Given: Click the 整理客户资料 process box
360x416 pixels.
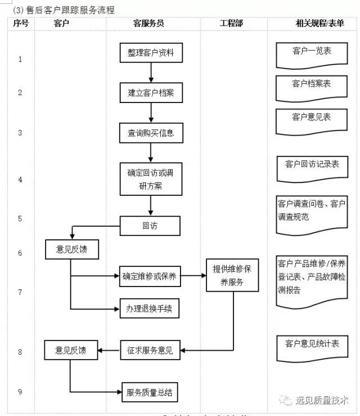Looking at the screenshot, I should click(x=150, y=52).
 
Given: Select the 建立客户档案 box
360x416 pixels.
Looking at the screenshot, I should click(x=150, y=93).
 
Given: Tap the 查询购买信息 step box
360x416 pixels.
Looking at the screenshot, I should click(x=150, y=133).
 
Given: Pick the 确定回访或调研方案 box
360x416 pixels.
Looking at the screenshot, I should click(x=150, y=179).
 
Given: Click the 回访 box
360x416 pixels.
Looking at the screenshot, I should click(x=150, y=226).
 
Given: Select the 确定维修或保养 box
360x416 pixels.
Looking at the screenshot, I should click(x=149, y=276).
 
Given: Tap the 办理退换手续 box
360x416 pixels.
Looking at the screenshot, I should click(x=149, y=308).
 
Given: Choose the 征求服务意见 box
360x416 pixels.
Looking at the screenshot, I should click(x=150, y=351).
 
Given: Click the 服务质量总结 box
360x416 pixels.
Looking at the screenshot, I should click(x=153, y=391).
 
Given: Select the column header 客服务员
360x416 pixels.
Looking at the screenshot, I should click(x=148, y=23).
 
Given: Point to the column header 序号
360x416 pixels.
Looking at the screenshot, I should click(x=20, y=23).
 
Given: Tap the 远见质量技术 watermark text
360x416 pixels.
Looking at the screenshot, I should click(x=322, y=400).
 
